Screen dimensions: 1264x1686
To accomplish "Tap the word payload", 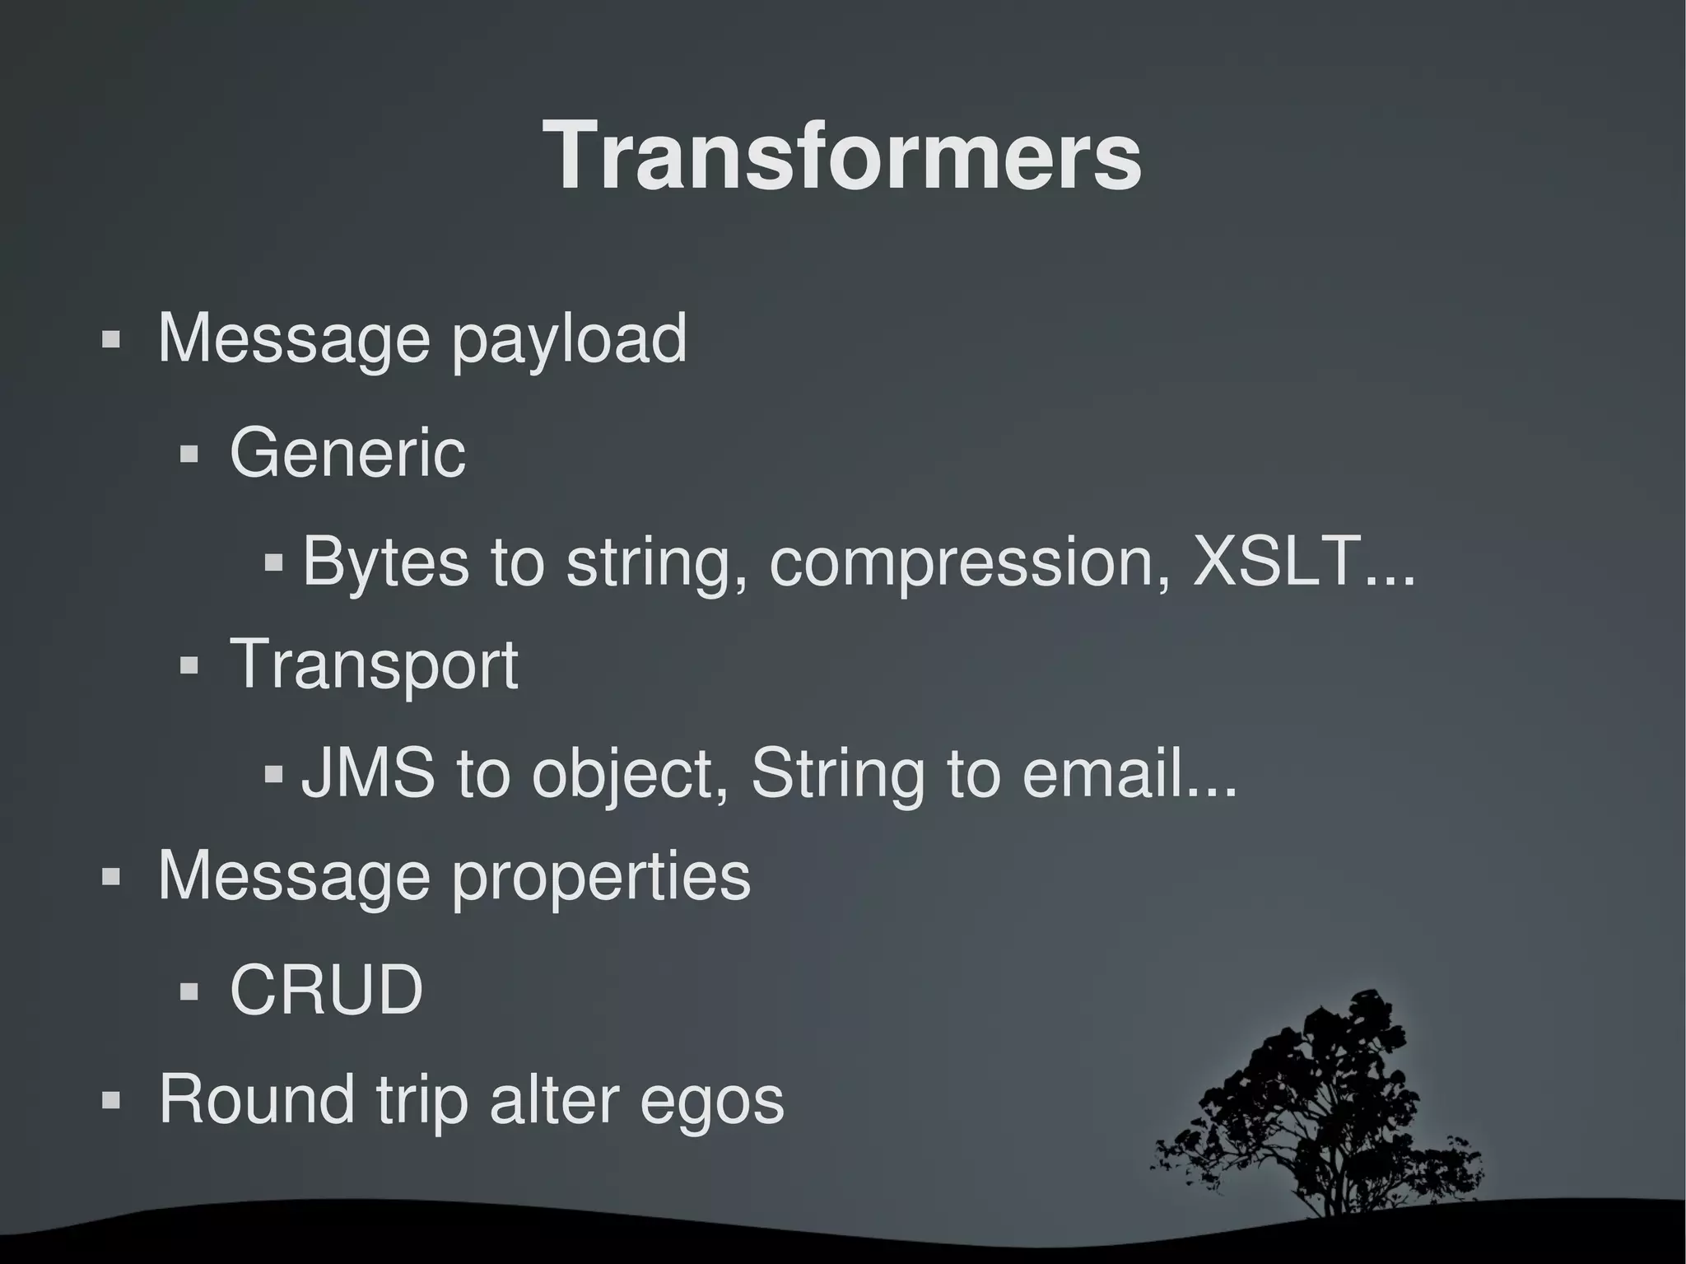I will coord(568,340).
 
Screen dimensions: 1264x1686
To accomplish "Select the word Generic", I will coord(347,453).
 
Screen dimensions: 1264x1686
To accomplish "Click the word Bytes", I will coord(385,562).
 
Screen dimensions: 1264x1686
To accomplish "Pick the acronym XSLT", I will coord(1276,561).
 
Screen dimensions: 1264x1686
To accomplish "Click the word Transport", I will coord(374,665).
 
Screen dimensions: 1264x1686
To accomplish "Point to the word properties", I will coord(601,878).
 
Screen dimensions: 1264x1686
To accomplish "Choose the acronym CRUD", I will coord(326,989).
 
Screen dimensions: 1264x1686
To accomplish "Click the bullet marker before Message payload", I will coord(111,340).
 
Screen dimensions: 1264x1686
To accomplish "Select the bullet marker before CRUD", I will coord(189,991).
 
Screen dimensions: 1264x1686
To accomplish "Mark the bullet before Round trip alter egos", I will coord(111,1100).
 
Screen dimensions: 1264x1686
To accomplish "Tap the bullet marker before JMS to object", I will coord(274,775).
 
